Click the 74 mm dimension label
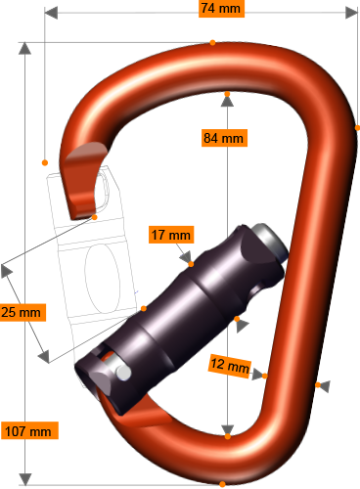(221, 9)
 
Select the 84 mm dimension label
(222, 138)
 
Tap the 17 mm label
(171, 235)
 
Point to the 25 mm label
(22, 313)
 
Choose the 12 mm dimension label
(230, 365)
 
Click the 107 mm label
(28, 430)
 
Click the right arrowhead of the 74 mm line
(352, 12)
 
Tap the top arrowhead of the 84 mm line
(227, 98)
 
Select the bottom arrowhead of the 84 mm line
(227, 431)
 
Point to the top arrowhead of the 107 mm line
(25, 50)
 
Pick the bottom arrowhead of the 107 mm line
(25, 478)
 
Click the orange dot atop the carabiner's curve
(212, 41)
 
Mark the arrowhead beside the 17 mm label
(187, 259)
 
